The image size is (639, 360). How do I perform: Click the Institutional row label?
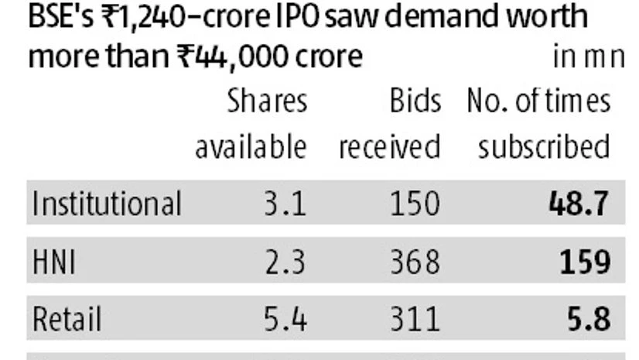pyautogui.click(x=107, y=204)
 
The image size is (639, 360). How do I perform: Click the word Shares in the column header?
pyautogui.click(x=267, y=101)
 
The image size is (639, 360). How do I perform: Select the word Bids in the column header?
pyautogui.click(x=415, y=101)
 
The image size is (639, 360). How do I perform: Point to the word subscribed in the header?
pyautogui.click(x=544, y=147)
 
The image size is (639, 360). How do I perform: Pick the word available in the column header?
pyautogui.click(x=251, y=147)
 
